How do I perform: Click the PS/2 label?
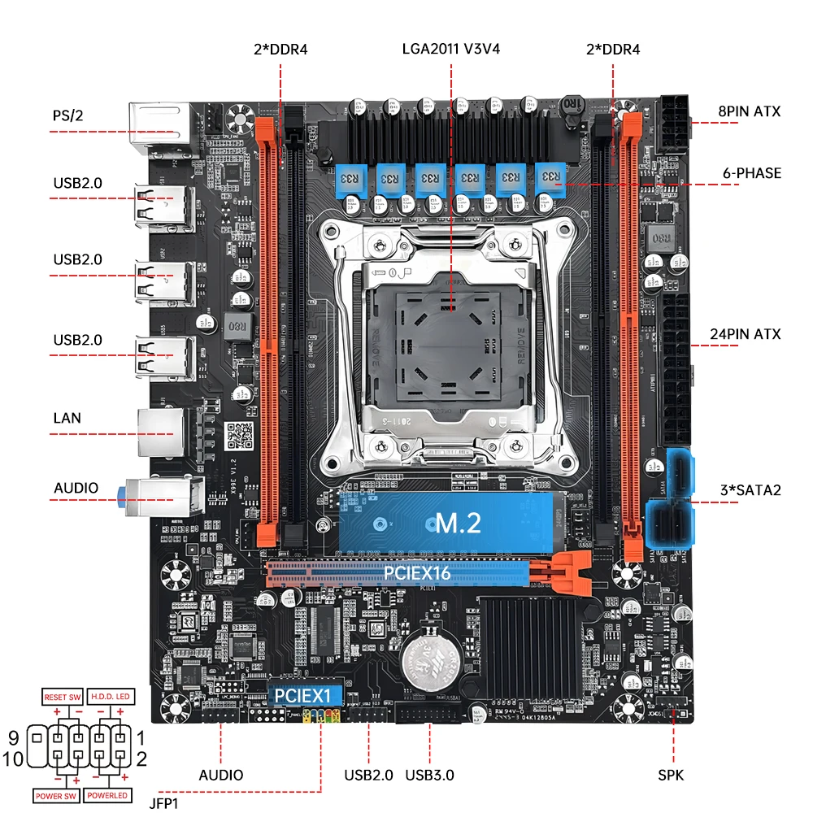[x=68, y=115]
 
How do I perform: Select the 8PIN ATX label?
[x=749, y=111]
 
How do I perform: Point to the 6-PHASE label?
[x=750, y=173]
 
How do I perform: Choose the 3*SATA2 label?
[x=750, y=490]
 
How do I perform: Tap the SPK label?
[x=671, y=776]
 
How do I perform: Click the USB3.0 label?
[x=428, y=776]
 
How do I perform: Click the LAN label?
[x=67, y=419]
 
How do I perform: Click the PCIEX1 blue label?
[x=302, y=696]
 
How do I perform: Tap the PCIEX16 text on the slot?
[x=418, y=574]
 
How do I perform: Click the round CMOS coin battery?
[x=428, y=656]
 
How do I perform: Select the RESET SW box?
[x=63, y=698]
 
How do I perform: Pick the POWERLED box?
[x=107, y=795]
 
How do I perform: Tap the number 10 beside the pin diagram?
[x=14, y=759]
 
